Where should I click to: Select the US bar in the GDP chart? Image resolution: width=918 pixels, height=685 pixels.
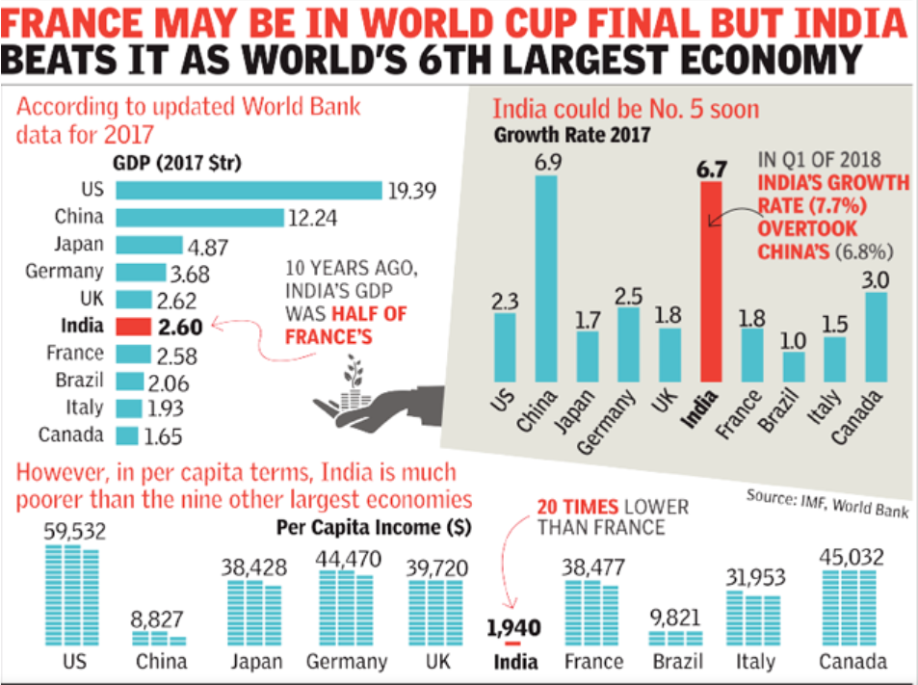(248, 190)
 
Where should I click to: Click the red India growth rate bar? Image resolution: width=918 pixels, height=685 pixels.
(711, 284)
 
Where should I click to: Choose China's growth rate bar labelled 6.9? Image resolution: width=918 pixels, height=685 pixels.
(546, 277)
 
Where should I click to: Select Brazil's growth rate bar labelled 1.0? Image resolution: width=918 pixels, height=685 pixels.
(794, 367)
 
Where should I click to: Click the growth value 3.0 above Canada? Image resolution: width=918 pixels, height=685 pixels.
(877, 277)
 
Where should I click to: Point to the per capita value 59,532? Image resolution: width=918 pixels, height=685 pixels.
(74, 531)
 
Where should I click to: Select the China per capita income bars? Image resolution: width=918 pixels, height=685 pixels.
(159, 638)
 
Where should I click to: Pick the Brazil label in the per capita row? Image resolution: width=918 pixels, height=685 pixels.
(677, 663)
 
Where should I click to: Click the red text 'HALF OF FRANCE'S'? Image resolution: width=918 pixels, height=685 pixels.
(345, 325)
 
